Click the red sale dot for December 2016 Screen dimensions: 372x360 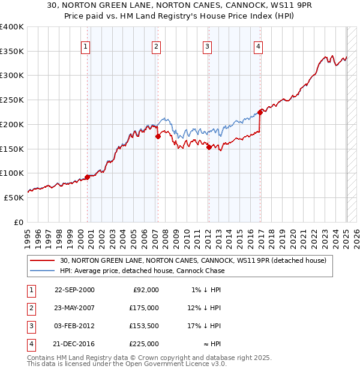(260, 112)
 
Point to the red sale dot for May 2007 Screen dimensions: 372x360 (158, 136)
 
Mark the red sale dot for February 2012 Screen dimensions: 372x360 (209, 147)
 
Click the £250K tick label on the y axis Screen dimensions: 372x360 (12, 100)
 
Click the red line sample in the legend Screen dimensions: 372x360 (43, 260)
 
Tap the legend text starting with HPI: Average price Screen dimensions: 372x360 (142, 271)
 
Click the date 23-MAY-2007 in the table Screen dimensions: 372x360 (74, 308)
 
